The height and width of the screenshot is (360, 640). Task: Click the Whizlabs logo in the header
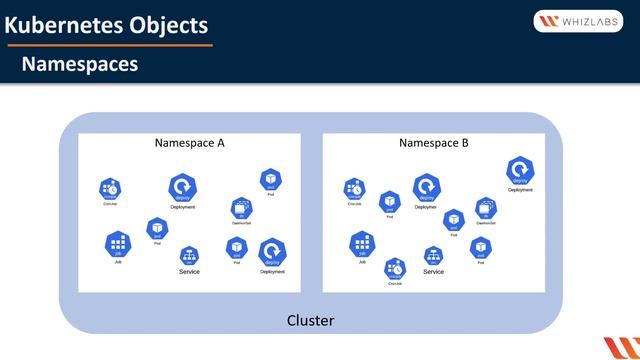[x=579, y=22]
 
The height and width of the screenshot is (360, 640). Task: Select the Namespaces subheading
[x=80, y=65]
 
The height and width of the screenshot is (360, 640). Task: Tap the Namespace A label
[x=190, y=143]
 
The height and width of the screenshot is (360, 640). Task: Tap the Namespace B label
[x=434, y=143]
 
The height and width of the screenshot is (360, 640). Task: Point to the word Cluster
[x=310, y=321]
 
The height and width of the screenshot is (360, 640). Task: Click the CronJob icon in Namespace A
[x=110, y=188]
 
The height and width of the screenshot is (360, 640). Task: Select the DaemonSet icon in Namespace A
[x=240, y=208]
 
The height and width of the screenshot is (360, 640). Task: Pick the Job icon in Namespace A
[x=118, y=242]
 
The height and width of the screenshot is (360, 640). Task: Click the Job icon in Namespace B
[x=362, y=242]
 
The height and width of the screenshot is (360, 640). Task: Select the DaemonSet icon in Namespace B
[x=486, y=208]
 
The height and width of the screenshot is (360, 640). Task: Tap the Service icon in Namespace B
[x=433, y=256]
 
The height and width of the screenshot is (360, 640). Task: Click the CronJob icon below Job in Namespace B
[x=395, y=268]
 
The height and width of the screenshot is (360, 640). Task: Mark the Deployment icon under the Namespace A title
[x=182, y=187]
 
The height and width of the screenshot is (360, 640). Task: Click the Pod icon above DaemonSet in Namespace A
[x=269, y=180]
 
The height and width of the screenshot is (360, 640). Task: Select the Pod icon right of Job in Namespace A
[x=157, y=229]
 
